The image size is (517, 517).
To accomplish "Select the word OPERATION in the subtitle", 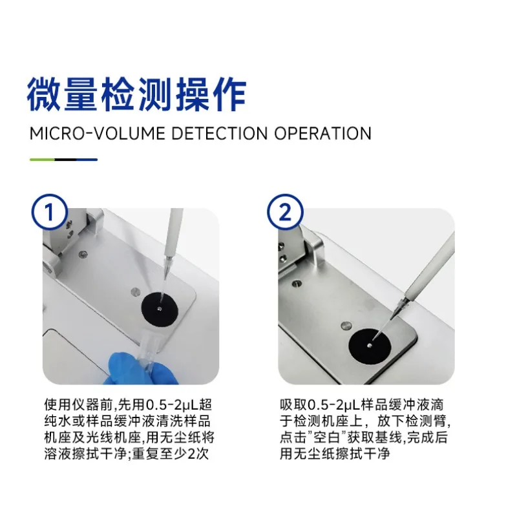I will tap(323, 134).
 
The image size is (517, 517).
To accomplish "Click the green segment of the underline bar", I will tap(42, 159).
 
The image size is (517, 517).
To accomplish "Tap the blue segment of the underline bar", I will tap(84, 159).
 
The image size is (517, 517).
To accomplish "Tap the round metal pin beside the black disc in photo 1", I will tap(134, 291).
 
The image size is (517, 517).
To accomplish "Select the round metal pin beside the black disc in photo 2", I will tap(347, 325).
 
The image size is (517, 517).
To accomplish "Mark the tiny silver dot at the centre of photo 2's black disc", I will tap(368, 346).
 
